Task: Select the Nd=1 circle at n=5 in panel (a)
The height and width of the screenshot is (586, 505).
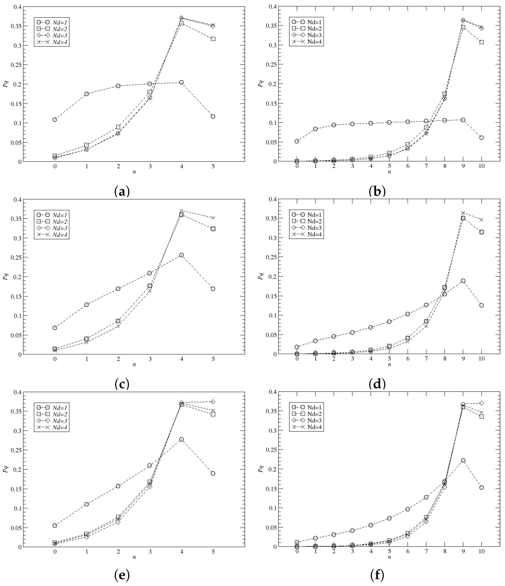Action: point(213,116)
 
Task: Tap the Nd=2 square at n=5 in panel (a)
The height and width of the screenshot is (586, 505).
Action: point(213,39)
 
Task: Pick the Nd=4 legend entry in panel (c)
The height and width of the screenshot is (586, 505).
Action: point(52,235)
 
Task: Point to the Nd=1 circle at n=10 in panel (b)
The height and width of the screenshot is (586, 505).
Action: point(482,138)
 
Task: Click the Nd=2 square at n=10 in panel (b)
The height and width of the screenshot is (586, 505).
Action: point(482,42)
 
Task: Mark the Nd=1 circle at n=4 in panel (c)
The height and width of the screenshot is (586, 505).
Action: point(182,255)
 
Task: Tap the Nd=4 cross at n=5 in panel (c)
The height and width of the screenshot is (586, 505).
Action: point(213,218)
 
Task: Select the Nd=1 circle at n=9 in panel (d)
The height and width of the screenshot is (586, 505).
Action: point(463,281)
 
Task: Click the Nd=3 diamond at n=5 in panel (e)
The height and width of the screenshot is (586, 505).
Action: point(213,402)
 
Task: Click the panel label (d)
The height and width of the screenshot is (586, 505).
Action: point(377,384)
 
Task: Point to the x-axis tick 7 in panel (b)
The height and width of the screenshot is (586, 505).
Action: point(426,166)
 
